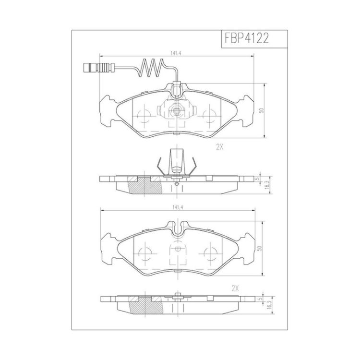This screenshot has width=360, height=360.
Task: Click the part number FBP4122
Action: (247, 38)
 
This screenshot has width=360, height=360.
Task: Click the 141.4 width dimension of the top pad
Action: (176, 53)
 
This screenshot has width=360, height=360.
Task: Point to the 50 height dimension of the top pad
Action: (261, 110)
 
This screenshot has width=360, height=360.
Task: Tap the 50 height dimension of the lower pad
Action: (260, 249)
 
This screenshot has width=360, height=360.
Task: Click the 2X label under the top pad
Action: (219, 147)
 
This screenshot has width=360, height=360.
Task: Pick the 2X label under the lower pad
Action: (235, 288)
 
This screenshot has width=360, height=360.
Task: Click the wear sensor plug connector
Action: (98, 68)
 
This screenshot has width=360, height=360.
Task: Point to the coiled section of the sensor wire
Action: (151, 68)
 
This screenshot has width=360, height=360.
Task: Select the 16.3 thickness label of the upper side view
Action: (266, 185)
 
